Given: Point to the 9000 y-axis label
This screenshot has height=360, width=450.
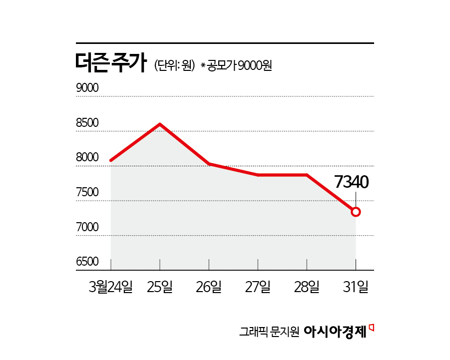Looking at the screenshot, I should pos(87,88).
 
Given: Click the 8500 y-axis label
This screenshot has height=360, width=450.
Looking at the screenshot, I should pos(87,123).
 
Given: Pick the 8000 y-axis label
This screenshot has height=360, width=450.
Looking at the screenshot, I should pos(87,158).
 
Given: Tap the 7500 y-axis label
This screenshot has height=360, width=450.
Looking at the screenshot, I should pos(87,193).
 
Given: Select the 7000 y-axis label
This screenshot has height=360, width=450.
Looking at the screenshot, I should pos(87,228).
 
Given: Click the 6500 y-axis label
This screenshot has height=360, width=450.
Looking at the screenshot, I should pos(87,262).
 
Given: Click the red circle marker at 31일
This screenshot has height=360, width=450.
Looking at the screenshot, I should pos(356,212).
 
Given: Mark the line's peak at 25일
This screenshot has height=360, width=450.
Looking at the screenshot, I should pos(160,124).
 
